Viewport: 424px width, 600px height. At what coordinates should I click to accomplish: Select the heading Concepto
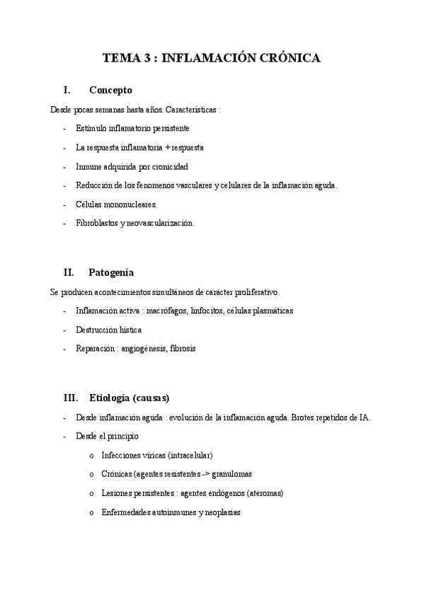click(x=110, y=91)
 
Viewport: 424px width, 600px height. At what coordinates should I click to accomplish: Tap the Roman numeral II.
click(x=69, y=272)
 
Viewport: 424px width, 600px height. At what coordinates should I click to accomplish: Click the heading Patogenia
click(x=111, y=272)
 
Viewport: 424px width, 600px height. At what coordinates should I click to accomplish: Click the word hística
click(x=129, y=330)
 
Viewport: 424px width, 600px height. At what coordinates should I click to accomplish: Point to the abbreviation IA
click(x=364, y=417)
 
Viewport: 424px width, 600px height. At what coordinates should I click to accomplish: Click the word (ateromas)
click(x=263, y=493)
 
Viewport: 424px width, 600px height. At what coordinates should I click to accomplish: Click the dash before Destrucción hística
click(x=64, y=330)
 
